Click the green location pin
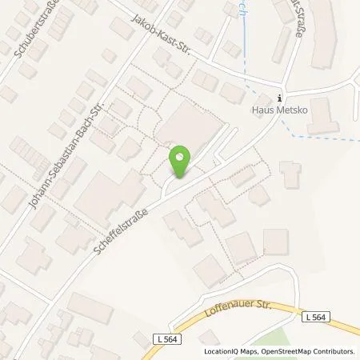tap(181, 162)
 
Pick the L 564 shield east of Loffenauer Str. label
tap(315, 318)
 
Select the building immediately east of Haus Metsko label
tap(322, 116)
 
